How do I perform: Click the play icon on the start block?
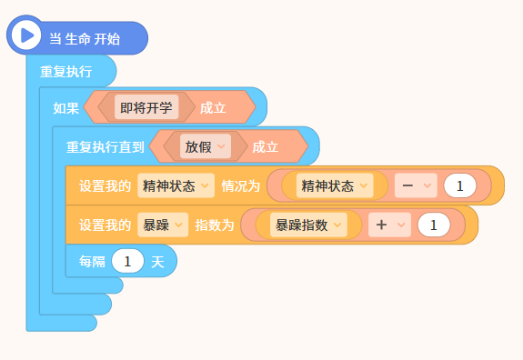[26, 35]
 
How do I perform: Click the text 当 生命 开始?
[85, 39]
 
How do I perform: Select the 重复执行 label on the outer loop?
[66, 72]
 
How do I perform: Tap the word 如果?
[66, 108]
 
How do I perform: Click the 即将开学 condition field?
[146, 107]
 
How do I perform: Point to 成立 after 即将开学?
[213, 108]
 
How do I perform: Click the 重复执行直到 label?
[106, 147]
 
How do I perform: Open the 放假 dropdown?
[206, 146]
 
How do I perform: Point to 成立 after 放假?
[266, 147]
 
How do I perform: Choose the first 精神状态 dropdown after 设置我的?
[176, 185]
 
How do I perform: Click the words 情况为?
[241, 186]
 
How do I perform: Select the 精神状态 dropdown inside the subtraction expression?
[335, 185]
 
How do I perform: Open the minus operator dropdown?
[416, 185]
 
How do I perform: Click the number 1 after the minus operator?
[460, 185]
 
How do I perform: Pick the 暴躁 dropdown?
[163, 225]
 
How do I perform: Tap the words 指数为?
[215, 225]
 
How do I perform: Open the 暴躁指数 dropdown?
[308, 225]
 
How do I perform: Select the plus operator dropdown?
[389, 225]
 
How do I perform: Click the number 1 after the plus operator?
[434, 225]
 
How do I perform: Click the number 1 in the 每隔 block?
[127, 261]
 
